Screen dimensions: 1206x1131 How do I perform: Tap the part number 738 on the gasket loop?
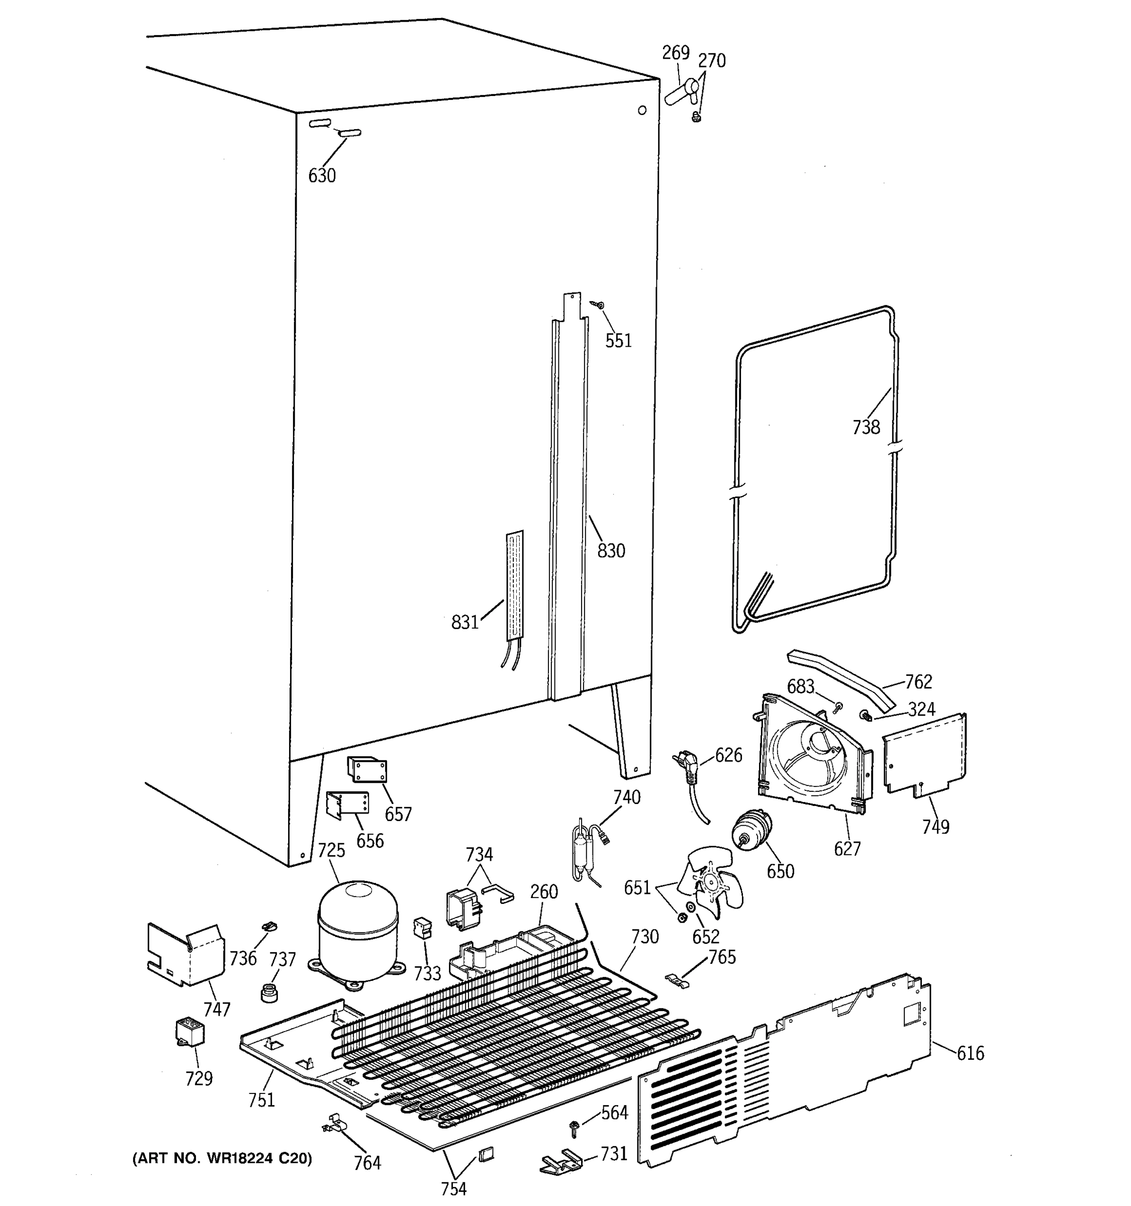[x=866, y=427]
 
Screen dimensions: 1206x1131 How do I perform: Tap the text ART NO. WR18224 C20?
[x=222, y=1159]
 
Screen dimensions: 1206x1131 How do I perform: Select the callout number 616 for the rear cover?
[x=970, y=1053]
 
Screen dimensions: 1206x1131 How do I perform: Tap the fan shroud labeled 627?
[x=813, y=758]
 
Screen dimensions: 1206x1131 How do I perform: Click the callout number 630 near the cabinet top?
[x=322, y=176]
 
